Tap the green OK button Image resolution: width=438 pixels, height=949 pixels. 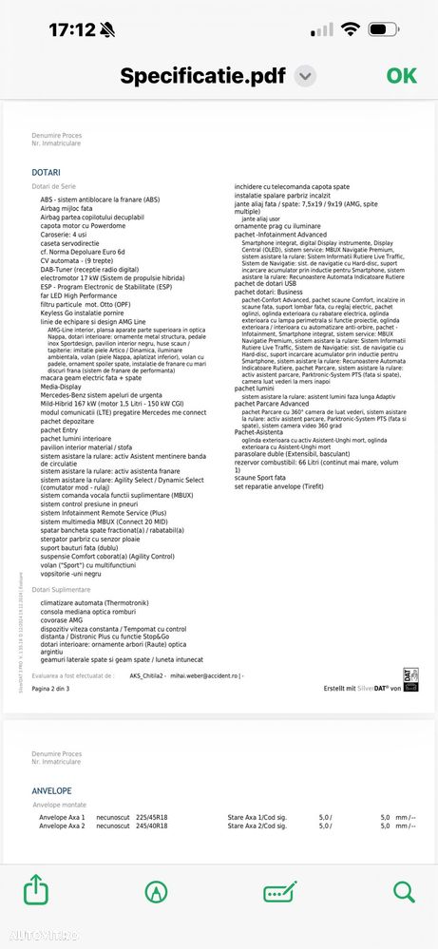tap(401, 76)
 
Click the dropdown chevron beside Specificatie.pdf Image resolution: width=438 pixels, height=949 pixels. tap(305, 76)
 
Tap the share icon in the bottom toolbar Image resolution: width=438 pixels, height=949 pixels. tap(34, 891)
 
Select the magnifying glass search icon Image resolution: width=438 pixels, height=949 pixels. tap(403, 891)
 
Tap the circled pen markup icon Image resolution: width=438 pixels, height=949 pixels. tap(156, 891)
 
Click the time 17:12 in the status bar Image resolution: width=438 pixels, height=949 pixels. tap(72, 30)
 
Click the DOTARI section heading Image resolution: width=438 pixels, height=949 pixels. tap(46, 172)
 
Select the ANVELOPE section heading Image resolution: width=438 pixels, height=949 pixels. tap(51, 789)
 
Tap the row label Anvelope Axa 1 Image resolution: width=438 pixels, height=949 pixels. tap(62, 817)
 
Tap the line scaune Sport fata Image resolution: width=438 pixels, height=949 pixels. tap(260, 478)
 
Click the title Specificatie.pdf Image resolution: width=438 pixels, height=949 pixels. tap(203, 76)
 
